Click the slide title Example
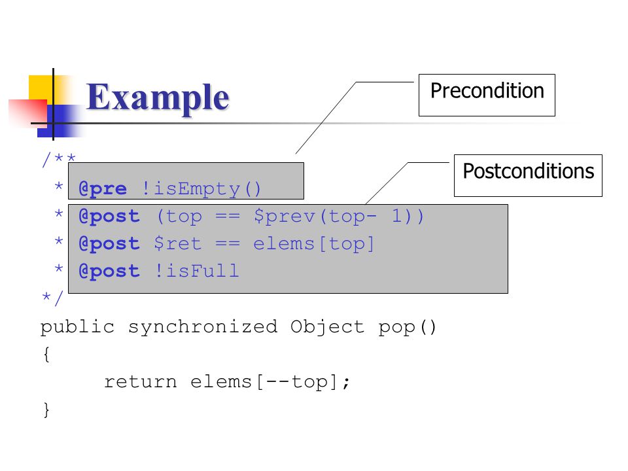click(x=158, y=98)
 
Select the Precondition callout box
click(x=487, y=95)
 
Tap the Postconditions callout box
click(x=528, y=175)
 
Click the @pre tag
click(x=103, y=188)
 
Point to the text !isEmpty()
click(x=201, y=188)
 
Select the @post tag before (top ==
click(x=109, y=217)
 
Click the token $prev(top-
click(x=315, y=217)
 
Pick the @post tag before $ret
click(x=109, y=243)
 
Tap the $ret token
click(x=177, y=243)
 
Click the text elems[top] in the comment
click(x=313, y=243)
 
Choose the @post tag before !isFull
click(x=109, y=271)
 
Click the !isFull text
click(x=197, y=271)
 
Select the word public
click(x=78, y=327)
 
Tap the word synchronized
click(x=203, y=327)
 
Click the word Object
click(x=327, y=327)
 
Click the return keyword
click(x=140, y=381)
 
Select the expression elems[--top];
click(x=270, y=381)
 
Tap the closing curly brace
click(x=46, y=410)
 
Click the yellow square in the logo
click(x=40, y=87)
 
